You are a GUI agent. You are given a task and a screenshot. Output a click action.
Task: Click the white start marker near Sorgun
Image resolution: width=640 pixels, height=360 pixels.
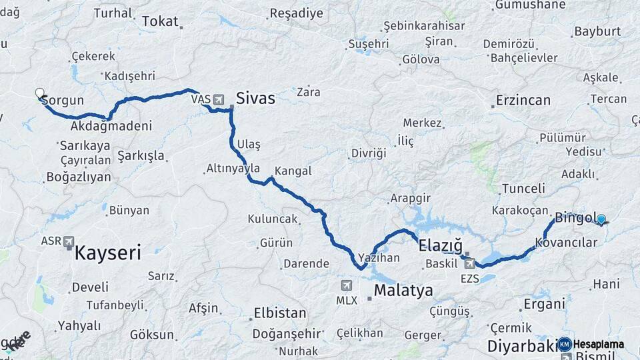click(x=39, y=93)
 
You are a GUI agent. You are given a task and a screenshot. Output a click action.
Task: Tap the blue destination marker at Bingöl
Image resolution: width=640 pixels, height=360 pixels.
click(x=601, y=219)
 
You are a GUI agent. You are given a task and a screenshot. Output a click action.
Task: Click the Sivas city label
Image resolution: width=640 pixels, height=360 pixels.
click(x=255, y=99)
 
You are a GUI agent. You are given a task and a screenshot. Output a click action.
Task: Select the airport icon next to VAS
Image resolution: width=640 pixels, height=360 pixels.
click(x=219, y=99)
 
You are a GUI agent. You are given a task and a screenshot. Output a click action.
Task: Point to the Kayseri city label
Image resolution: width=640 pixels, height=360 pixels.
click(x=107, y=253)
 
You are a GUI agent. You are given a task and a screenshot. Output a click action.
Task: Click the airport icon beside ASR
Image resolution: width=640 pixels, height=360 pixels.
click(x=69, y=242)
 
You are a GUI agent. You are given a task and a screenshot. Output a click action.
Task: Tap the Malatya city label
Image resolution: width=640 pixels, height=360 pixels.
click(x=403, y=291)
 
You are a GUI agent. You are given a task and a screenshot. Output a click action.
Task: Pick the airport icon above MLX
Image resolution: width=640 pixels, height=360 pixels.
click(x=346, y=285)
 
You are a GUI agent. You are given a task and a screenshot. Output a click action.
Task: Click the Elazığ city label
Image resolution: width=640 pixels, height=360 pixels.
click(x=440, y=246)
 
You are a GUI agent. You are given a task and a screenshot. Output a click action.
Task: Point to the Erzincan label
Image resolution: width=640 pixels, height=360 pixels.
click(x=523, y=101)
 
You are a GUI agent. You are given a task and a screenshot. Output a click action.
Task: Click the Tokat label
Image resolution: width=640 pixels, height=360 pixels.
click(x=160, y=21)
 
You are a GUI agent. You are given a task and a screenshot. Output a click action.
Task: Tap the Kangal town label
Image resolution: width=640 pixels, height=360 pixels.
click(x=293, y=171)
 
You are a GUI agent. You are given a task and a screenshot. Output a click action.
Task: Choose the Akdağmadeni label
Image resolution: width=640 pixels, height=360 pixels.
click(x=111, y=125)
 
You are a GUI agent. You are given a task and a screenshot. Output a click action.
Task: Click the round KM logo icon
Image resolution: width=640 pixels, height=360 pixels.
click(x=565, y=344)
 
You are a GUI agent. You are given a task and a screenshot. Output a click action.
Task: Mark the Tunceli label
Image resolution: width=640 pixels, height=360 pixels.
click(x=523, y=188)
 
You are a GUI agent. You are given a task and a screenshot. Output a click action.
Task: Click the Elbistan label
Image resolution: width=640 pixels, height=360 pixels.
click(x=280, y=313)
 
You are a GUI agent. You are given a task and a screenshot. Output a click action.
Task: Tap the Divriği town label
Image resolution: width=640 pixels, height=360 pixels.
click(x=369, y=153)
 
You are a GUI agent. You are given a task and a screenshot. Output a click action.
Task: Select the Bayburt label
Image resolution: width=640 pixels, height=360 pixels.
click(x=597, y=31)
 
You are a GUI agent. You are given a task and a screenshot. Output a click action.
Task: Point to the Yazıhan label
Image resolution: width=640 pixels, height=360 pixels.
click(x=379, y=257)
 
